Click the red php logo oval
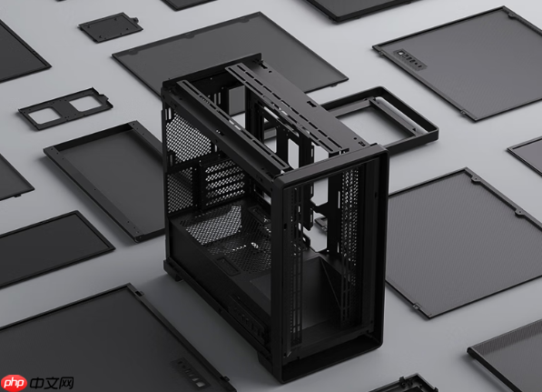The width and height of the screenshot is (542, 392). pyautogui.click(x=14, y=383)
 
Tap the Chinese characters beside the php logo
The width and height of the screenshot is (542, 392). pyautogui.click(x=52, y=383)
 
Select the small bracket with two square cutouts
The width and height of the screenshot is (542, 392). pyautogui.click(x=65, y=108)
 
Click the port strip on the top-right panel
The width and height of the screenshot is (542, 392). pyautogui.click(x=409, y=59)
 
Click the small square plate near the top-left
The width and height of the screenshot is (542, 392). pyautogui.click(x=110, y=27)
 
